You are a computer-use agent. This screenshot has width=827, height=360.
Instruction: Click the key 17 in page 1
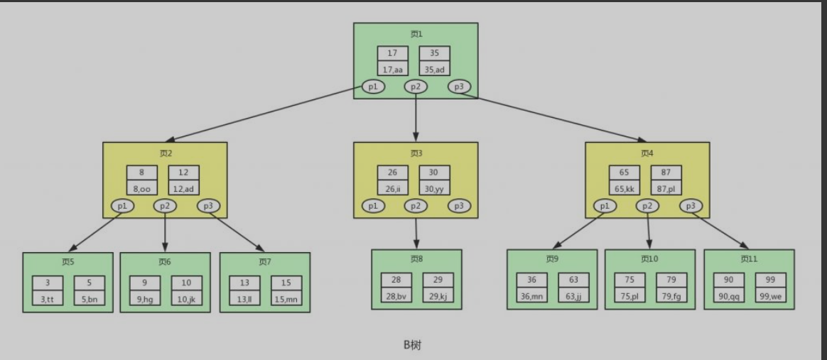coord(392,53)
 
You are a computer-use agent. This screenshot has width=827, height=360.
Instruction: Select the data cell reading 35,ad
coord(434,69)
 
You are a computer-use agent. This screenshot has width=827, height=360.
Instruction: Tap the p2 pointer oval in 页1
coord(416,87)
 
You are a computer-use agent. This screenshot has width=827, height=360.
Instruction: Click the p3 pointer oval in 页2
coord(208,206)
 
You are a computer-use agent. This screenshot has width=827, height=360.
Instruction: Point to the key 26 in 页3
coord(392,173)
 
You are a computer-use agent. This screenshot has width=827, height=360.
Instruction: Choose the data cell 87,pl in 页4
coord(666,188)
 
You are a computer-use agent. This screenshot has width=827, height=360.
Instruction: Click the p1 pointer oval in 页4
coord(605,206)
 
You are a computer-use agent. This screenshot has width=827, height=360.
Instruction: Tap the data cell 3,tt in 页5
coord(48,299)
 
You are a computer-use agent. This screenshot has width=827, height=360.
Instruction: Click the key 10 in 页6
coord(186,283)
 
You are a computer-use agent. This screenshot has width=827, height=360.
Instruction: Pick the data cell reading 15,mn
coord(286,299)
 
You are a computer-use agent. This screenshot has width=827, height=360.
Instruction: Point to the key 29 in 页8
coord(438,280)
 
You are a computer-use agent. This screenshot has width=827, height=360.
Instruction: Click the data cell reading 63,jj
coord(573,296)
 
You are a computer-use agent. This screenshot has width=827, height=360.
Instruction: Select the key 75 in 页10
coord(629,280)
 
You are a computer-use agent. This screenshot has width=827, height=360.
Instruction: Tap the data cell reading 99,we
coord(770,296)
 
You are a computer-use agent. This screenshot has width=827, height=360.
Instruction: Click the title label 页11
coord(749,259)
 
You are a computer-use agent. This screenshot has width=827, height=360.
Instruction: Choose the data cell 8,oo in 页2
coord(142,188)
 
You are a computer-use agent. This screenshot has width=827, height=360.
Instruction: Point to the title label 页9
coord(552,259)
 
